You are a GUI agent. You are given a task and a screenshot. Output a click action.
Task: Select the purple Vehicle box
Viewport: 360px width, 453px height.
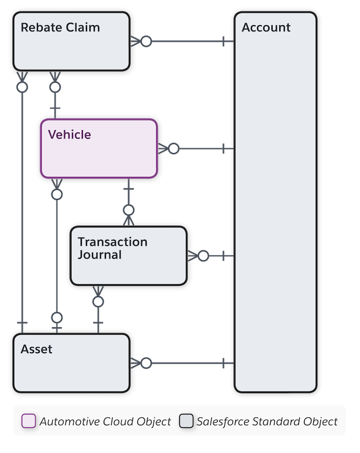pos(99,148)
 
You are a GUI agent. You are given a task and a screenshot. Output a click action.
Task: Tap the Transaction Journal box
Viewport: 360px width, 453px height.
pos(129,256)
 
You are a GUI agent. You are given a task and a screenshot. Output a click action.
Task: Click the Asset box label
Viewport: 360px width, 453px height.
pos(37,349)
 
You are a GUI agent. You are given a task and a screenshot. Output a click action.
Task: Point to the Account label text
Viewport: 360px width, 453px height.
pos(266,27)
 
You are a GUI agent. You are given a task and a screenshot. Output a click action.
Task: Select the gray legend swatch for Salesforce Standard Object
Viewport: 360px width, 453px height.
pos(186,422)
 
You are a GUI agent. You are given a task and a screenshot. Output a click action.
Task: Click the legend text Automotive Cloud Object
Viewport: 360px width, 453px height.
pos(105,422)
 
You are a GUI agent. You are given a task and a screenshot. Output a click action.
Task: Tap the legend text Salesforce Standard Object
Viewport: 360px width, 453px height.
pos(267,422)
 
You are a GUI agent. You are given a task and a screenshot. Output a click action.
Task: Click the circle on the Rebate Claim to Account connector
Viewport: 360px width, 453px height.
pos(147,42)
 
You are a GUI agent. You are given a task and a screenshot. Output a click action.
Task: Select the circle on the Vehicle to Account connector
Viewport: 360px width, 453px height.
pos(173,149)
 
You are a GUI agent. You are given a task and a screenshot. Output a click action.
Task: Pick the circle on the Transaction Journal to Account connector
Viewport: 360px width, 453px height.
pos(203,256)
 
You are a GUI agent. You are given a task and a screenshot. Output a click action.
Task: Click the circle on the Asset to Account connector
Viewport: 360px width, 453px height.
pos(146,363)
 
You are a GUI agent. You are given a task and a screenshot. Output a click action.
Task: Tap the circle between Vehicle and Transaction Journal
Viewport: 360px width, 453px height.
pos(129,210)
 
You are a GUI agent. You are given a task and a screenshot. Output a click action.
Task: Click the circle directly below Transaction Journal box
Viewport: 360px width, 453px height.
pos(98,301)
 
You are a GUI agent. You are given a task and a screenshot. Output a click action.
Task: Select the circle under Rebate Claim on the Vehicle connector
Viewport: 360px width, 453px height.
pos(56,87)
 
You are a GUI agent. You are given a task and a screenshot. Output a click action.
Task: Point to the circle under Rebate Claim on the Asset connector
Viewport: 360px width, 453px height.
pos(22,87)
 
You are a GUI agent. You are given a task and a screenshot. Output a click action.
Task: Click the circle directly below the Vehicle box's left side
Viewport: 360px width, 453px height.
pos(57,194)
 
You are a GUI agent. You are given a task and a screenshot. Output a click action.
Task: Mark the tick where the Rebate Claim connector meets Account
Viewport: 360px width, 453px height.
pos(224,42)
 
